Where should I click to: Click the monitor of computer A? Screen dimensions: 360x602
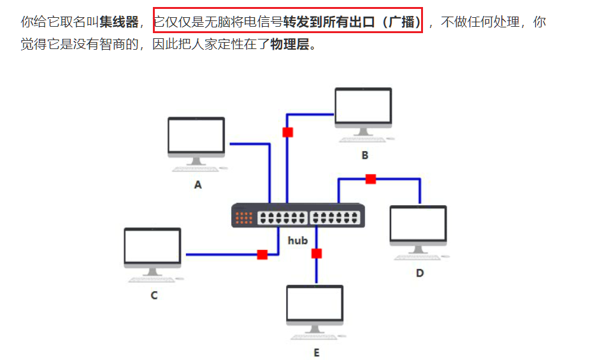click(196, 136)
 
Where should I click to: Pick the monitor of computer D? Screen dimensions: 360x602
click(418, 224)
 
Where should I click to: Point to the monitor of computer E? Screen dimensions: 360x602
click(315, 304)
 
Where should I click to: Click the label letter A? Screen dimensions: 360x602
click(197, 185)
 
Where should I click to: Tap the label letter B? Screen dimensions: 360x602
click(365, 155)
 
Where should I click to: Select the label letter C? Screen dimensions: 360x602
click(154, 296)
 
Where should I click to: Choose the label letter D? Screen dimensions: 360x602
click(420, 273)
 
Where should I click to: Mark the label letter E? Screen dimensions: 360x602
click(316, 353)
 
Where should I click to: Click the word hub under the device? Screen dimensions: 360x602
click(297, 240)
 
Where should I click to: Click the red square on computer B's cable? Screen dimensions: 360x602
click(287, 132)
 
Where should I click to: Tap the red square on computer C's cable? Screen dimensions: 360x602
click(262, 254)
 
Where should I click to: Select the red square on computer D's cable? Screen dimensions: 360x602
click(371, 179)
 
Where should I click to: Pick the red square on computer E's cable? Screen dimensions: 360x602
click(317, 253)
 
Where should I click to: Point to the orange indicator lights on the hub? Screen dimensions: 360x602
click(245, 217)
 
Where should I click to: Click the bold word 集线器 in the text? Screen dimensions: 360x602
click(119, 22)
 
